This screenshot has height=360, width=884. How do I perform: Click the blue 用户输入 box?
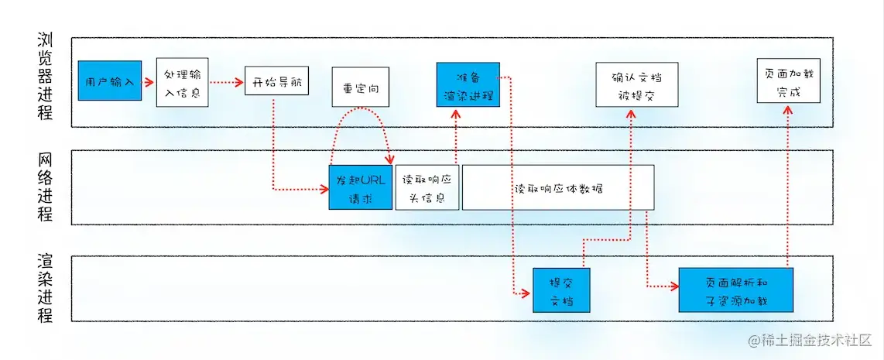[110, 81]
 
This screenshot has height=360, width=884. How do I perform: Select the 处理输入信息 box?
[182, 82]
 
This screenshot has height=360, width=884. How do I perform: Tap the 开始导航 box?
[276, 81]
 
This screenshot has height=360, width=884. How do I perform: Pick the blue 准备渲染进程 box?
[468, 85]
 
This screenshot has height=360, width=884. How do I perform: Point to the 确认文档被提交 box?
[637, 85]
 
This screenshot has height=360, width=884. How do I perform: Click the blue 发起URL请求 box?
[360, 187]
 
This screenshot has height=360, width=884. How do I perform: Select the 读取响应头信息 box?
[427, 187]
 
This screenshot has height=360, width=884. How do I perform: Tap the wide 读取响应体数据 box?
[558, 187]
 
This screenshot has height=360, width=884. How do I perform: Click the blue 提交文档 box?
[561, 290]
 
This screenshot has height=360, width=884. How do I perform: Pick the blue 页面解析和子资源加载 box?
[736, 290]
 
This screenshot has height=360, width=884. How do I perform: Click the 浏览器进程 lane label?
[46, 76]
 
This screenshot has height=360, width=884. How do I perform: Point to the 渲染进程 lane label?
[46, 288]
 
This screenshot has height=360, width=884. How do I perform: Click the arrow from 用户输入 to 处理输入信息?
[149, 81]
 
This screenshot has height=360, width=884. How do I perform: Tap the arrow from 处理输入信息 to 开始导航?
[226, 81]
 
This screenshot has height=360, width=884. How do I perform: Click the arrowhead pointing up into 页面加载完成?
[788, 110]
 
